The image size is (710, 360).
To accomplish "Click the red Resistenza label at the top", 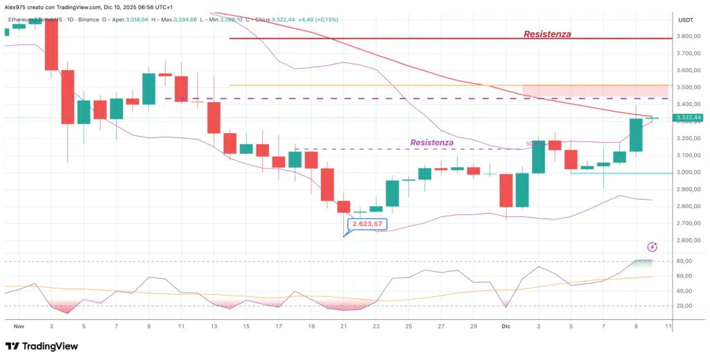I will pos(547,33).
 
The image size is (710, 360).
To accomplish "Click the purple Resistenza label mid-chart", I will pos(431,142).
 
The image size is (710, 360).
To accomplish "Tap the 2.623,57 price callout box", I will pos(367,224).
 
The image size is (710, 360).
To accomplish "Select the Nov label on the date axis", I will pos(19,325).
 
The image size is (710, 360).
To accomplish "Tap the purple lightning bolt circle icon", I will pos(652,247).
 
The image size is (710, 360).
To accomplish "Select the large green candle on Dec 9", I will pos(636,135).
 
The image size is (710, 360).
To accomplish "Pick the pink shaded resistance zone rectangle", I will pos(595,90).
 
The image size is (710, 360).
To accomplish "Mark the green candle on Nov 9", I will pos(148,88).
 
